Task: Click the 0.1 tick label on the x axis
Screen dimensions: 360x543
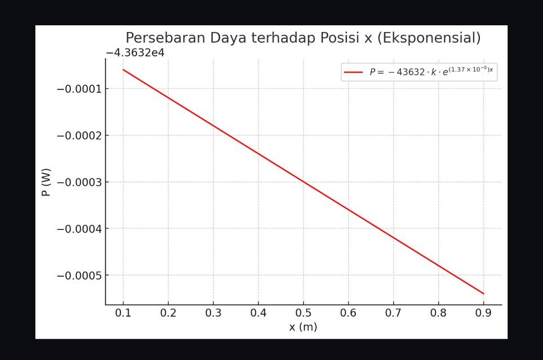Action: (123, 313)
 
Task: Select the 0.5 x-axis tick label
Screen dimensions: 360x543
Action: (303, 313)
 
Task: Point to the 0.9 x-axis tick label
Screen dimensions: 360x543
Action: (483, 313)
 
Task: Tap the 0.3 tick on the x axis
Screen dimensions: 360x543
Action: (213, 313)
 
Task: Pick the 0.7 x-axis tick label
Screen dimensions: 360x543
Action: (393, 313)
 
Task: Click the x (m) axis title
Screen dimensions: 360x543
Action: (303, 327)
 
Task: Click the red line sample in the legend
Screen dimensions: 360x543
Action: (353, 72)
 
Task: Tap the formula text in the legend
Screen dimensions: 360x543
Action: (431, 72)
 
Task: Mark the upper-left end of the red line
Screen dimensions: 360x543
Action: (123, 70)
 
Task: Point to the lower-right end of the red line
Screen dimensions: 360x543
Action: (483, 294)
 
